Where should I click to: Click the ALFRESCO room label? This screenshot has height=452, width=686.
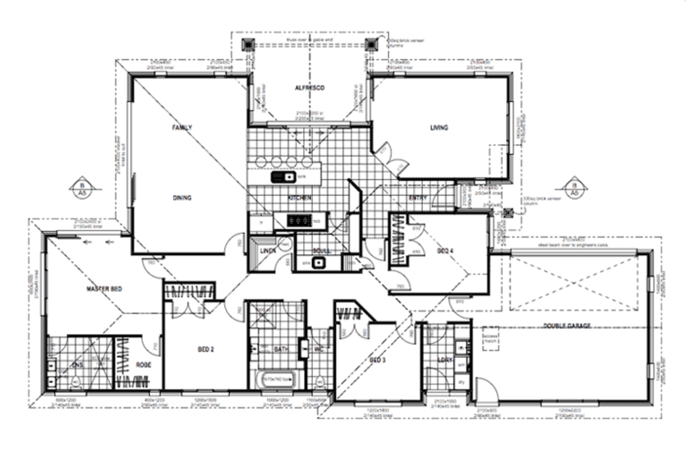tap(309, 88)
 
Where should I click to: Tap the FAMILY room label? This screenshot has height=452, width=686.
tap(182, 127)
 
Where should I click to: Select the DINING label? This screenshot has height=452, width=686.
tap(182, 198)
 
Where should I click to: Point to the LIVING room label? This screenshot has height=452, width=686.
tap(439, 127)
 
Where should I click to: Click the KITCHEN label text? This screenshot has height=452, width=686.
tap(299, 198)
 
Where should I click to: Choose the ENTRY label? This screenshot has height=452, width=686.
tap(417, 198)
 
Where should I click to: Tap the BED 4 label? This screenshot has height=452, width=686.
tap(445, 251)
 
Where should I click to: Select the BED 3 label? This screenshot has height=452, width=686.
tap(377, 360)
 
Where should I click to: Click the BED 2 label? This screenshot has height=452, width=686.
tap(206, 350)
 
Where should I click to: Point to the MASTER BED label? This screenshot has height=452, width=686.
tap(104, 289)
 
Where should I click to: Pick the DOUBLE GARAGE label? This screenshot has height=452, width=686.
tap(567, 326)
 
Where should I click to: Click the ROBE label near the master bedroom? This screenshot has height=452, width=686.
tap(143, 365)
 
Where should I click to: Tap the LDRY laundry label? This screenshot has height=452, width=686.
tap(444, 360)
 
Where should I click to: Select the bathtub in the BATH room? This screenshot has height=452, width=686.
tap(277, 380)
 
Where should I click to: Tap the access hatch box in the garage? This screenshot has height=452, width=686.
tap(491, 338)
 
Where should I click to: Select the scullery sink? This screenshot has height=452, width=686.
tap(318, 263)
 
